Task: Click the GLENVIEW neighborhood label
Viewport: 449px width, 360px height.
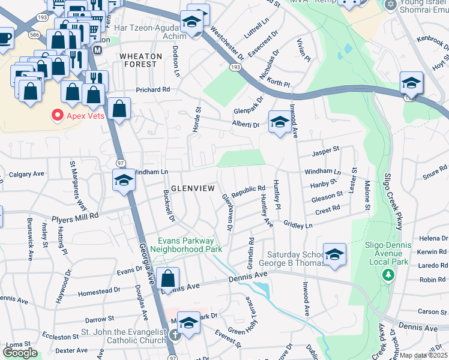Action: tap(193, 188)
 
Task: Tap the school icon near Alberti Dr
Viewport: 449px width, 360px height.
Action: tap(279, 122)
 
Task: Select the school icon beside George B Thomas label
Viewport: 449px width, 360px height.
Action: tap(334, 254)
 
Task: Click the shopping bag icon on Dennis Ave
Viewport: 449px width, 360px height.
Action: tap(168, 278)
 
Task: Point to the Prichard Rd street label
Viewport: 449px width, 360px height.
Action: tap(152, 89)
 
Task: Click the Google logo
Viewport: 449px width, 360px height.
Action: tap(20, 353)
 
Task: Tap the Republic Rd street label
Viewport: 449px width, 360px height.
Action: tap(249, 189)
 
